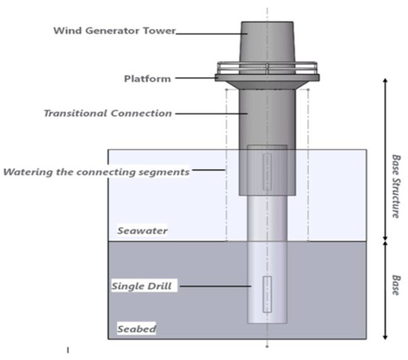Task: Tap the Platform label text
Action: coord(147,78)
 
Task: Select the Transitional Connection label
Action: coord(108,114)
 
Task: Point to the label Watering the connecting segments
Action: coord(96,172)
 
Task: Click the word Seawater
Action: coord(142,231)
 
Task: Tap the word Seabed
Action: coord(136,329)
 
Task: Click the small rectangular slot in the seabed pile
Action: coord(267,295)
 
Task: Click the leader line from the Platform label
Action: coord(194,78)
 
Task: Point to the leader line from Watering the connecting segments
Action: coord(207,171)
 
